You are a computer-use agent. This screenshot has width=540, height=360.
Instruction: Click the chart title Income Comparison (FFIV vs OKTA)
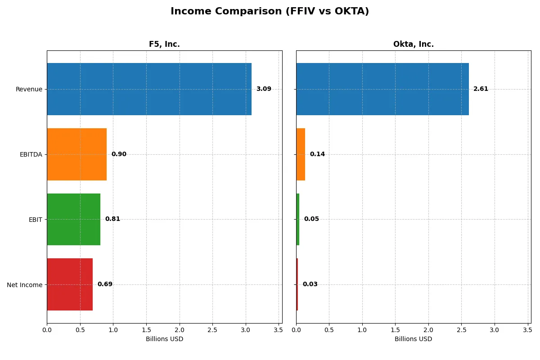tap(270, 12)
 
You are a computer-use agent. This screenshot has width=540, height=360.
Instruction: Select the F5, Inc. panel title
tap(164, 44)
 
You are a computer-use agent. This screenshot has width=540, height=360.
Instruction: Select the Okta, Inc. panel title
tap(413, 44)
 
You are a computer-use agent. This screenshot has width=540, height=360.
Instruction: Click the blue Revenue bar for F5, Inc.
tap(149, 89)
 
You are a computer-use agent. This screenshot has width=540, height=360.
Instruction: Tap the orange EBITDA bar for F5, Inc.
tap(76, 154)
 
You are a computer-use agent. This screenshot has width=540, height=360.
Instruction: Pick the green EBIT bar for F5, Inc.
tap(73, 219)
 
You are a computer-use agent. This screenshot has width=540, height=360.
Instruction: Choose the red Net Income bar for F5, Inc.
tap(70, 284)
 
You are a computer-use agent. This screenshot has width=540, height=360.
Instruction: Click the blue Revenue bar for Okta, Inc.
tap(382, 89)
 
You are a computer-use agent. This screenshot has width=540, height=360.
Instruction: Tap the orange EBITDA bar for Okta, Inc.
tap(301, 154)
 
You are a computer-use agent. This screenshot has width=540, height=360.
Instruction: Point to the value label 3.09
tap(264, 89)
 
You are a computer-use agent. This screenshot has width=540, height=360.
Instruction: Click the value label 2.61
tap(481, 89)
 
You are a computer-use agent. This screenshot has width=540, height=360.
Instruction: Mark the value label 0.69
tap(105, 284)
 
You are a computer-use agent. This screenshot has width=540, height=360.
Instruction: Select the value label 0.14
tap(317, 154)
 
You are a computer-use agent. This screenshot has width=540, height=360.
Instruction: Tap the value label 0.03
tap(310, 284)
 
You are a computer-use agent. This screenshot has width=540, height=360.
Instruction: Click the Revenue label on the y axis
tap(29, 89)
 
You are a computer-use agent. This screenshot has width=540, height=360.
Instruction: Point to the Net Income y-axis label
tap(24, 285)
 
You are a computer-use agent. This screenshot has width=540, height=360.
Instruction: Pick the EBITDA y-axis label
tap(31, 154)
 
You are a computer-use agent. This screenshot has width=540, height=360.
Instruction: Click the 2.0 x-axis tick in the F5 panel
tap(180, 330)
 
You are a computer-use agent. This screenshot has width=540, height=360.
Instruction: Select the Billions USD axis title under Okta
tap(413, 339)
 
